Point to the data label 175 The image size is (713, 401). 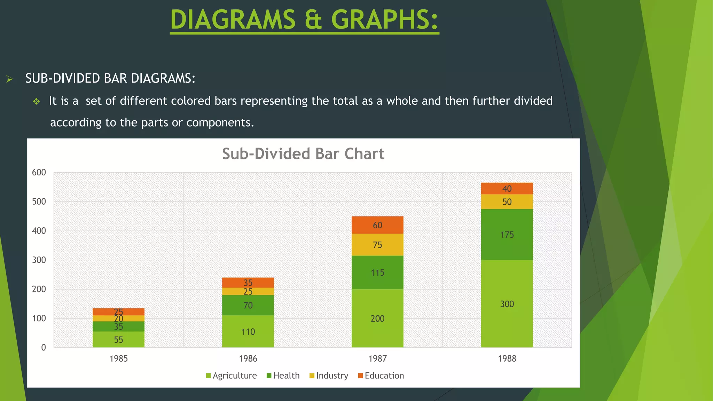[x=507, y=235]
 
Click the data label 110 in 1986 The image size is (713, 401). [x=248, y=332]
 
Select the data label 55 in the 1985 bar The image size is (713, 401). [x=118, y=340]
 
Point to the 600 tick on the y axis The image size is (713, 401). [x=39, y=173]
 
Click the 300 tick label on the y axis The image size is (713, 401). [x=39, y=260]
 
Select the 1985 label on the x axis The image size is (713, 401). [x=118, y=359]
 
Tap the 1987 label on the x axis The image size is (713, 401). [x=377, y=359]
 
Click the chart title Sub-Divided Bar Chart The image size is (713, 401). [x=303, y=154]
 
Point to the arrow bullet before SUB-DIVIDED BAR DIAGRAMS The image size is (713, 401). [x=10, y=79]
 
